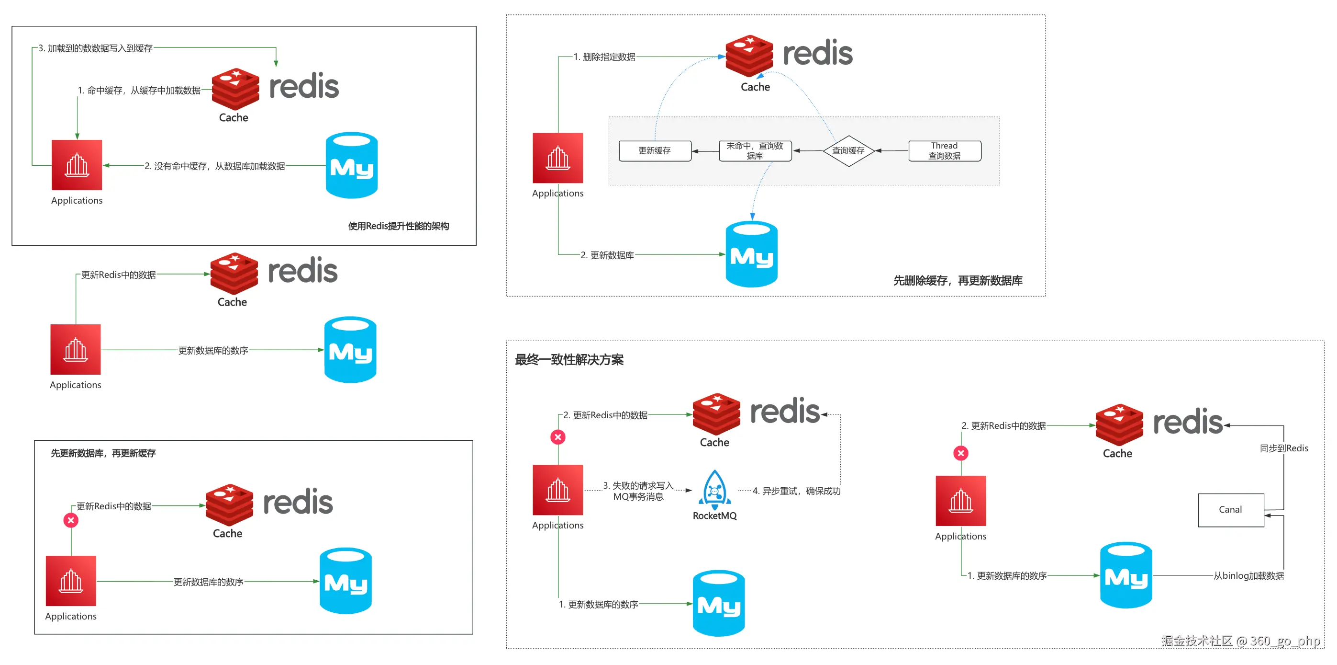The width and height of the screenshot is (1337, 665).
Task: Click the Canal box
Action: pyautogui.click(x=1230, y=510)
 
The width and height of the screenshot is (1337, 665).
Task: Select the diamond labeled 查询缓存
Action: pyautogui.click(x=848, y=150)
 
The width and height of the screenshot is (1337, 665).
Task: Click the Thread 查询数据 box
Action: pyautogui.click(x=944, y=150)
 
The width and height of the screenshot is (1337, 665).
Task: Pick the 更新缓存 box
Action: pyautogui.click(x=655, y=150)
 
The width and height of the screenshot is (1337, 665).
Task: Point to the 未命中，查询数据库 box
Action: pyautogui.click(x=755, y=150)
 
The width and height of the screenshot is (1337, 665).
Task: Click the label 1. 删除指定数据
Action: pyautogui.click(x=604, y=57)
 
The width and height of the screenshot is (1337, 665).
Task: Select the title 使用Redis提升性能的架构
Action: pyautogui.click(x=398, y=226)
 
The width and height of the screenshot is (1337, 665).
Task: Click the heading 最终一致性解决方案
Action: pyautogui.click(x=569, y=359)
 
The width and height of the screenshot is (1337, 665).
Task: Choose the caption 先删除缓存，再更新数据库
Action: pyautogui.click(x=958, y=281)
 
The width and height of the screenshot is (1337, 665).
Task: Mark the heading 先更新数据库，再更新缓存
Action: pyautogui.click(x=103, y=453)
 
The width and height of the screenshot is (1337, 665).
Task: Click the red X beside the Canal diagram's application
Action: pyautogui.click(x=961, y=453)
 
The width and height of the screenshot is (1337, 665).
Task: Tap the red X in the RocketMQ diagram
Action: pyautogui.click(x=558, y=437)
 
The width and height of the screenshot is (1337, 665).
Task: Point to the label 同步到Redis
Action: pyautogui.click(x=1283, y=448)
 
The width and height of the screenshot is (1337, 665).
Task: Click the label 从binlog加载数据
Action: pyautogui.click(x=1248, y=575)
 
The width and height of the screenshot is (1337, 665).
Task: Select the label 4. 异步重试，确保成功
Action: pyautogui.click(x=796, y=491)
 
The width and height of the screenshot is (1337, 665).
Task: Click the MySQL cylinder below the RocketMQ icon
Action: pyautogui.click(x=718, y=603)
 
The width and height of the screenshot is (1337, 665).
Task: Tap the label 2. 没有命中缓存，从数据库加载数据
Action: pyautogui.click(x=214, y=166)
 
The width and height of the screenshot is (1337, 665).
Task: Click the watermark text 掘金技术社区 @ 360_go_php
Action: pyautogui.click(x=1240, y=641)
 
